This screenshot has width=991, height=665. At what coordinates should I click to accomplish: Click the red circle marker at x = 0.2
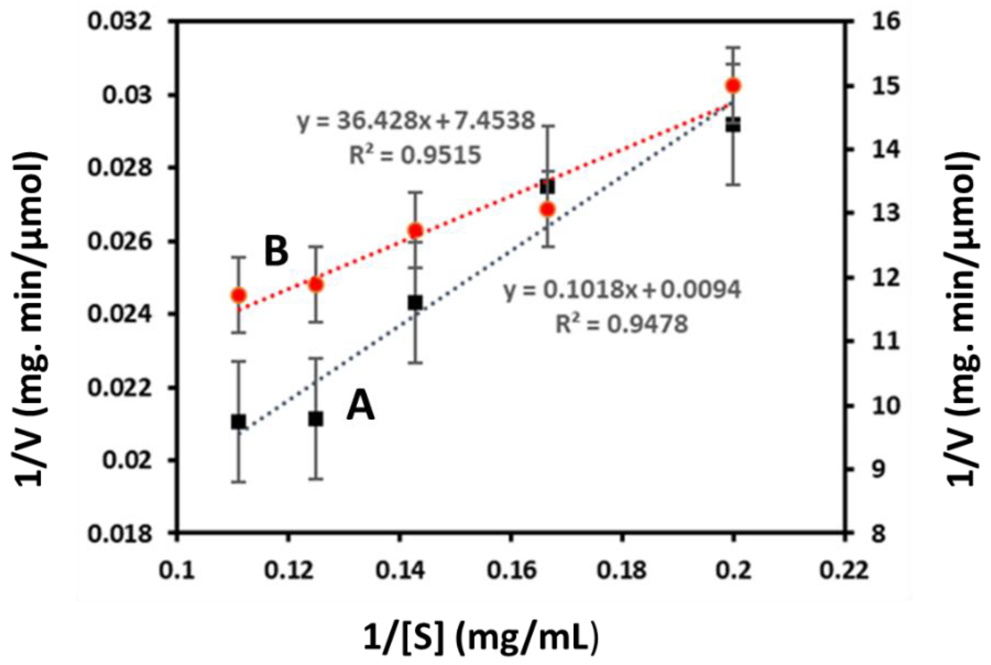point(733,86)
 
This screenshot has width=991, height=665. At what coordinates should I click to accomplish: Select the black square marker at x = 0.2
point(733,125)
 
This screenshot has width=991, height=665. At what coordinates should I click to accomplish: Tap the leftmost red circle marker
point(239,295)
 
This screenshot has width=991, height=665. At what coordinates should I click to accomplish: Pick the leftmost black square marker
point(239,422)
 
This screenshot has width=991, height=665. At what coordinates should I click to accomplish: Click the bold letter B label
point(276,252)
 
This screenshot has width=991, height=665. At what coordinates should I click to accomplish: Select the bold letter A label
point(360,406)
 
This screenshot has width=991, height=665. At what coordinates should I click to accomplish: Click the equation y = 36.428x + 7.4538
point(416,121)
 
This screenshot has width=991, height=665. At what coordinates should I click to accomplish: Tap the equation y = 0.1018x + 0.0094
point(622,290)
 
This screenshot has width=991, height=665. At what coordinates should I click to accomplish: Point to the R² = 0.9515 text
point(415,155)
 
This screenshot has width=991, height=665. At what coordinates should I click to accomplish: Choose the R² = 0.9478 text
point(622,325)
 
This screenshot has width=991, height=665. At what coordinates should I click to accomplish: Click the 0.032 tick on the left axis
point(119,21)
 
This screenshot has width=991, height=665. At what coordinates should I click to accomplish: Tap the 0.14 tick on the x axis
point(400,571)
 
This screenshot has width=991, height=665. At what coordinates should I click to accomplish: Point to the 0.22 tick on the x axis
point(844,571)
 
